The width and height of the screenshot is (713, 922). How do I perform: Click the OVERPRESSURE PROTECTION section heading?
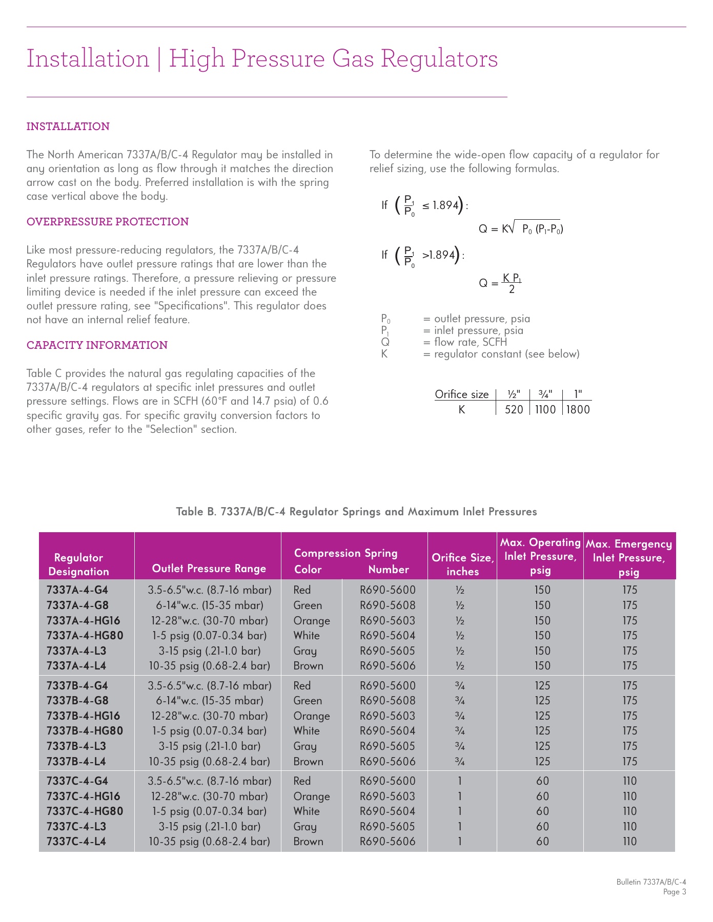(108, 222)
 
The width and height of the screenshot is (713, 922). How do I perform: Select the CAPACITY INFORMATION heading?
(97, 345)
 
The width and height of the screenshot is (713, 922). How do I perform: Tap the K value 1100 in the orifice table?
(545, 409)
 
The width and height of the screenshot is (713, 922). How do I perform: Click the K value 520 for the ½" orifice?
(514, 409)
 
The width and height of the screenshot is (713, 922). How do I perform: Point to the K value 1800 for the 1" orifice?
(578, 409)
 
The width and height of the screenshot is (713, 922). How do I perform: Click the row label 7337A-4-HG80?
(85, 636)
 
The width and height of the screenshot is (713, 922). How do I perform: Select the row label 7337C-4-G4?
(77, 781)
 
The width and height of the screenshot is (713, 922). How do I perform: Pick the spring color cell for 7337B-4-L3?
(305, 746)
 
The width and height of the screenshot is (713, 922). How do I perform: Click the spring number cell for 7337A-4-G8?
(388, 605)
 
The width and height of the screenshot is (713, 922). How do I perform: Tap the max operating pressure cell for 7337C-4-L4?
(542, 842)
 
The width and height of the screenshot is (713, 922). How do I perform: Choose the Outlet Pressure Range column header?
(209, 569)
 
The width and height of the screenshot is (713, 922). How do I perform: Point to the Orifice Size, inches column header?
(462, 564)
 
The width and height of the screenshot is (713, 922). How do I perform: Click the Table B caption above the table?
(356, 512)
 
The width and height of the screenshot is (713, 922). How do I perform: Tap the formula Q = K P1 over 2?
(500, 283)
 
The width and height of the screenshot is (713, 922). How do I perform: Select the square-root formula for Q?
(521, 228)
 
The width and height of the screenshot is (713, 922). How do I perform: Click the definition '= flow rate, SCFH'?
(465, 342)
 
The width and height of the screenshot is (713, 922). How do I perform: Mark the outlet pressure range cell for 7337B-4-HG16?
(209, 716)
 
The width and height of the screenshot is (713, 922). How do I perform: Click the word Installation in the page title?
(88, 58)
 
